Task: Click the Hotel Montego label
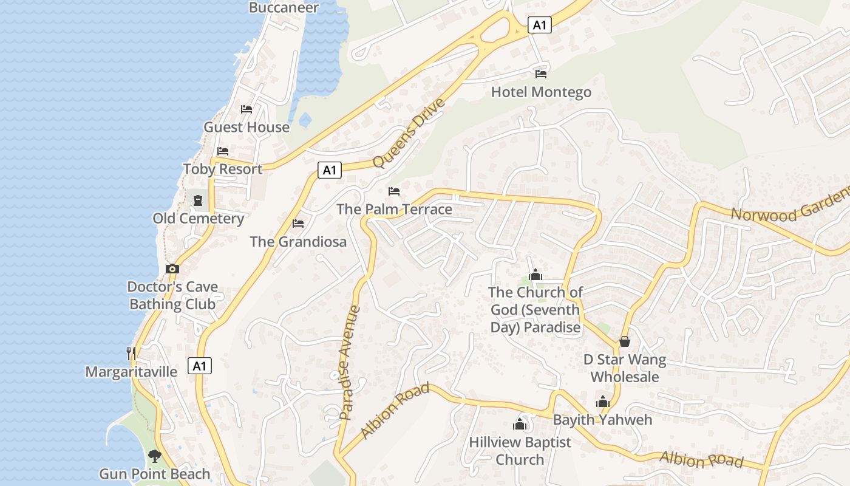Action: point(541,92)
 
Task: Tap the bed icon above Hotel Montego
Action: point(541,74)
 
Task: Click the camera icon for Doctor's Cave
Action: point(172,269)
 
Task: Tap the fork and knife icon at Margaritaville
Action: point(131,353)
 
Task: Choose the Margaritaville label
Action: point(131,372)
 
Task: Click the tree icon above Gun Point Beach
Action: point(155,456)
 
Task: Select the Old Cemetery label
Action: point(198,219)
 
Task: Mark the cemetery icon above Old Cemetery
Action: point(198,200)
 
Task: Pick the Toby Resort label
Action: point(223,169)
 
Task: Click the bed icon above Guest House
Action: point(246,109)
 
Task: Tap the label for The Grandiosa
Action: point(298,242)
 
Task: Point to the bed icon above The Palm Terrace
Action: point(394,191)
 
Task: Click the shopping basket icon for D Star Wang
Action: point(625,341)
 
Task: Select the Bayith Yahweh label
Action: point(602,420)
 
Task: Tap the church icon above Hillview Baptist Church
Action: point(520,424)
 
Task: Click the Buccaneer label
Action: point(284,7)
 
